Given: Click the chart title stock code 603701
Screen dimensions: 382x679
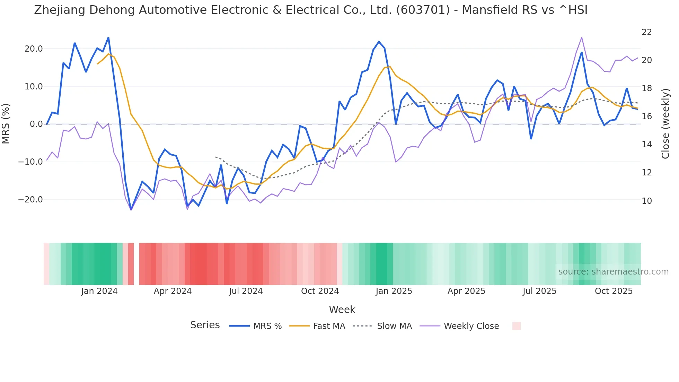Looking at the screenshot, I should point(423,10).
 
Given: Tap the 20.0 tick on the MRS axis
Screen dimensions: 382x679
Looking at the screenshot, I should point(34,49).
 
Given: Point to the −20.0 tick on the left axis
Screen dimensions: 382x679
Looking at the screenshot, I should point(30,200).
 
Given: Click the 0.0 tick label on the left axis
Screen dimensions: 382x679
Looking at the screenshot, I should point(36,124).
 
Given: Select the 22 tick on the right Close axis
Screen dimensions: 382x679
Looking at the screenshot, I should point(646,32).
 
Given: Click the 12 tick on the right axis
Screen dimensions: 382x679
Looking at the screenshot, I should point(646,173).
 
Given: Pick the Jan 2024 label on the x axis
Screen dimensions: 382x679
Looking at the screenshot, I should point(99,291).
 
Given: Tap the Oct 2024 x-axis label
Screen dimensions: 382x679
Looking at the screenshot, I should point(320,291).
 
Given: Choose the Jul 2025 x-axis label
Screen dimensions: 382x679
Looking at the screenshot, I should point(539,291).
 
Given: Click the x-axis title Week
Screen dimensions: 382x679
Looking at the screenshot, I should point(342,310).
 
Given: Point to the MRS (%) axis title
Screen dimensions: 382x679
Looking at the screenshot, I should point(6,124).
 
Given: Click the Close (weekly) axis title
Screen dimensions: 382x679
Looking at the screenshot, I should point(665,124).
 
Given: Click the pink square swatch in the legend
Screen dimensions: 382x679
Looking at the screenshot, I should point(516,326).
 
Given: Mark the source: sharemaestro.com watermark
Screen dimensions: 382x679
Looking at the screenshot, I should point(613,272).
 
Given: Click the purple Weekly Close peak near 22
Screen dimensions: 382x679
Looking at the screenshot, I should point(582,37).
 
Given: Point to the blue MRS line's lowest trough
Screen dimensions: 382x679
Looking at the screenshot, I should point(131,209).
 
